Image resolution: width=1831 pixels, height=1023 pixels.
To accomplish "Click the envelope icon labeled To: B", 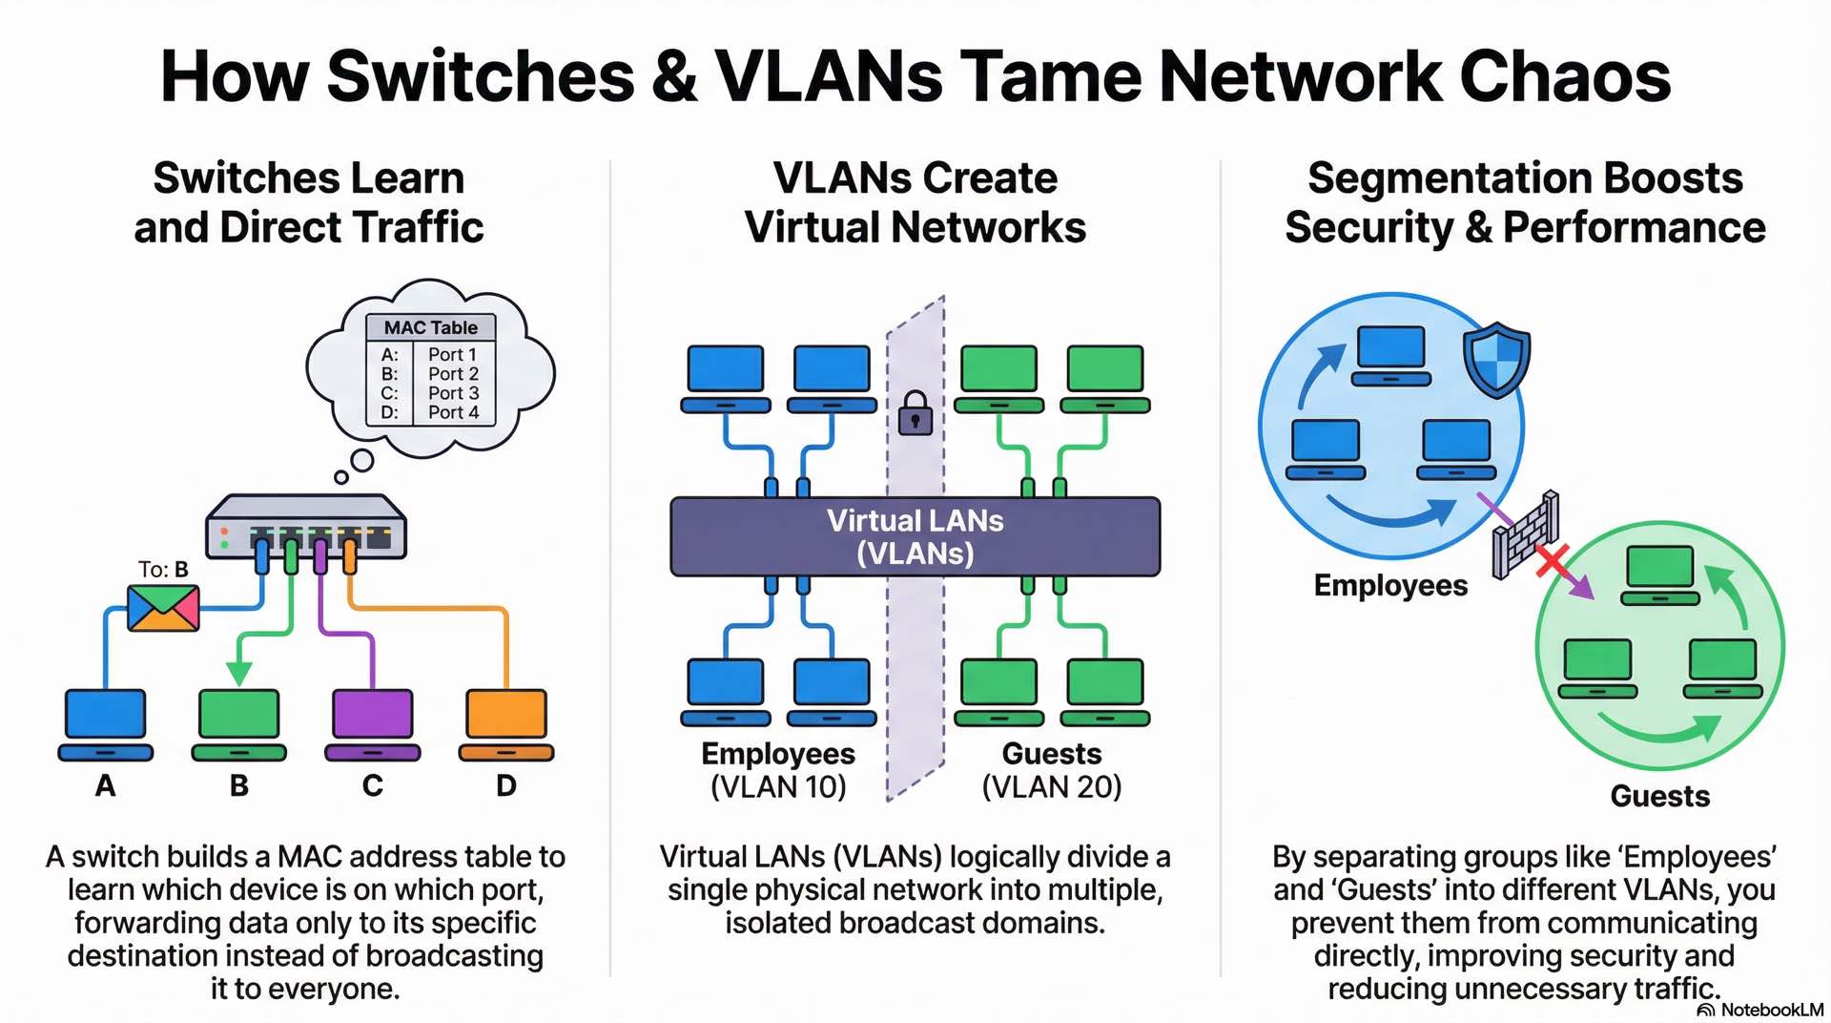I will pyautogui.click(x=163, y=608).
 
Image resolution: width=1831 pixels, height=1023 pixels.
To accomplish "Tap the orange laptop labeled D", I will pyautogui.click(x=506, y=723).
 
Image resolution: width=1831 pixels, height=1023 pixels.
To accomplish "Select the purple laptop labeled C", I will pyautogui.click(x=373, y=723).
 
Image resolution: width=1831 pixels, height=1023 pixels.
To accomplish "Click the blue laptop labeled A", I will pyautogui.click(x=106, y=723).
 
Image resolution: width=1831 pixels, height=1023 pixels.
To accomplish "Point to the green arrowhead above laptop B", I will pyautogui.click(x=239, y=673).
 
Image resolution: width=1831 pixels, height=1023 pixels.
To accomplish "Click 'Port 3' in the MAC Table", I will pyautogui.click(x=453, y=393).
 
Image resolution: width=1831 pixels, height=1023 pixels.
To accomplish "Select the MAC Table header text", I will pyautogui.click(x=431, y=327).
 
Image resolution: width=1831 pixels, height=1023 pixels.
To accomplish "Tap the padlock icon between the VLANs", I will pyautogui.click(x=915, y=413).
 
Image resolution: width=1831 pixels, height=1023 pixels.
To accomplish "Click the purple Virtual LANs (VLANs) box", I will pyautogui.click(x=915, y=536).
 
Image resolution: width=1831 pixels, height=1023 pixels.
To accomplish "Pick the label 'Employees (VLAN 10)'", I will pyautogui.click(x=778, y=770).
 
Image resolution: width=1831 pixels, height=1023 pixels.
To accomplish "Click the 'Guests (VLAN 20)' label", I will pyautogui.click(x=1052, y=770).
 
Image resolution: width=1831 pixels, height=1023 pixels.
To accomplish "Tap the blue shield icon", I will pyautogui.click(x=1497, y=359).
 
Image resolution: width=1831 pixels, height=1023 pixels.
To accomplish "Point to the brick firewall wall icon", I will pyautogui.click(x=1525, y=534).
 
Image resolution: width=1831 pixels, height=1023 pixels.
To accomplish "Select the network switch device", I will pyautogui.click(x=306, y=525).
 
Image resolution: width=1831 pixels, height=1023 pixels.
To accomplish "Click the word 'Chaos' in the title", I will pyautogui.click(x=1565, y=76).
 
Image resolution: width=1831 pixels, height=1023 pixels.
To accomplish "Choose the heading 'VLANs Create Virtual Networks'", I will pyautogui.click(x=915, y=202).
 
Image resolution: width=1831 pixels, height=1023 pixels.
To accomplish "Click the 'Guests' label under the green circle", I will pyautogui.click(x=1660, y=796).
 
